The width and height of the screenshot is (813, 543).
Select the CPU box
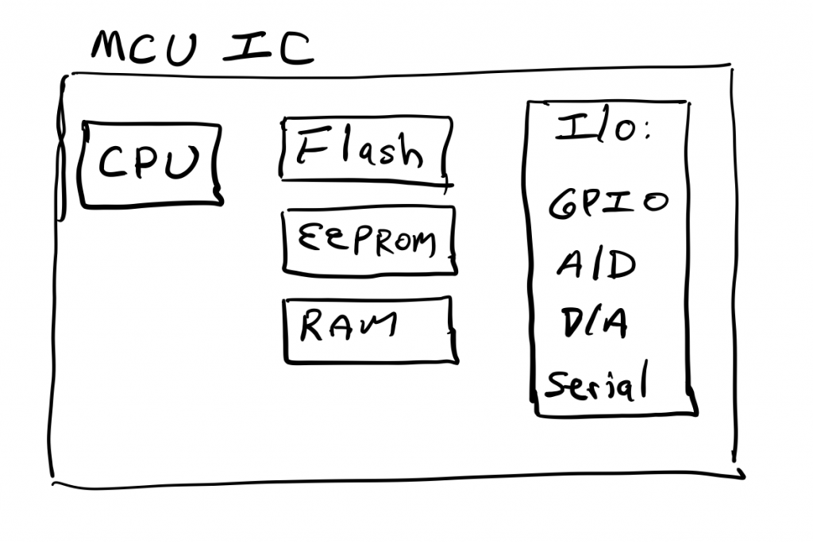[x=151, y=164]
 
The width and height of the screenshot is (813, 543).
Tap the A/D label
[x=595, y=264]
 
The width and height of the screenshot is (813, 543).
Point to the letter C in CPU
[x=114, y=164]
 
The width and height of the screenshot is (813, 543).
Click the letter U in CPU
[x=185, y=161]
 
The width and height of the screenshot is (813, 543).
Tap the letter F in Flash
[x=310, y=148]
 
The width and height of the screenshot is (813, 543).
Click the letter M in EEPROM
[x=422, y=241]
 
